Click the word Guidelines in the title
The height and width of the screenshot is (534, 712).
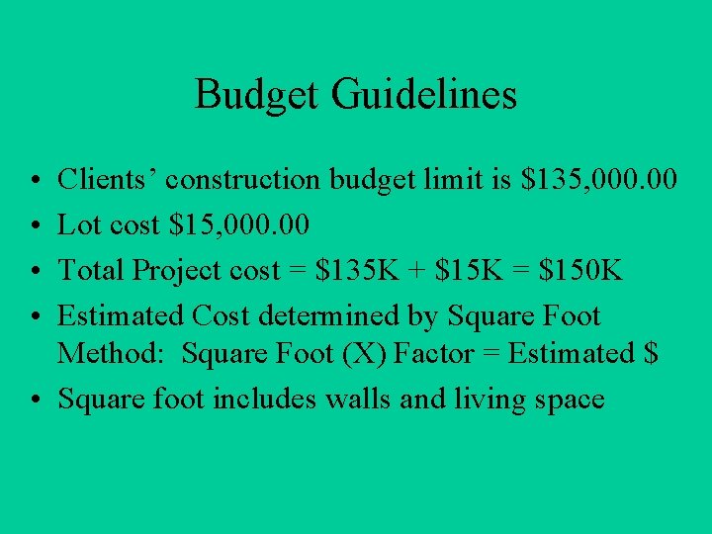pos(424,95)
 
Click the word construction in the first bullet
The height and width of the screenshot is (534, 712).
pos(243,179)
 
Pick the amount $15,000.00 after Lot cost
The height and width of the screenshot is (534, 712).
pos(240,224)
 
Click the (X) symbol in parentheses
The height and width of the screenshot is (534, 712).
pos(364,353)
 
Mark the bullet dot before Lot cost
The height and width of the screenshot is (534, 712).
pos(34,225)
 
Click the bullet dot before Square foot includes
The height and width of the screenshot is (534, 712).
pos(34,400)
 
